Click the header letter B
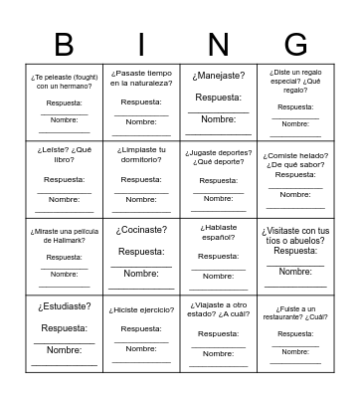click(x=64, y=44)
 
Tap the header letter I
click(x=141, y=44)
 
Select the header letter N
click(x=219, y=44)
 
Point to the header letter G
click(x=295, y=44)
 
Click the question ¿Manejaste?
click(x=219, y=76)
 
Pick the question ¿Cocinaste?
click(x=141, y=230)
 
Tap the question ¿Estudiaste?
click(x=64, y=306)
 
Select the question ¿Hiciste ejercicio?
click(x=141, y=308)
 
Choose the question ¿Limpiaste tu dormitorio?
click(x=141, y=157)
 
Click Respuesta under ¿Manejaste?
click(x=219, y=98)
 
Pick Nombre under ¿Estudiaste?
click(x=64, y=349)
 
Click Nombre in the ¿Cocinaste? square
click(x=141, y=273)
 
